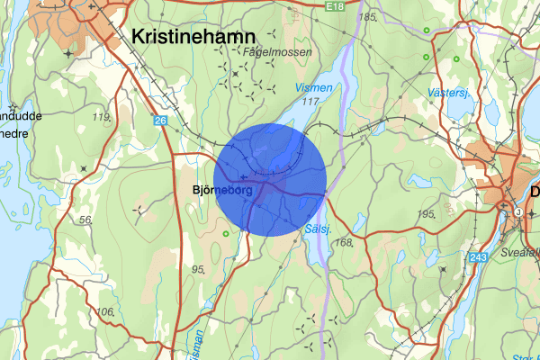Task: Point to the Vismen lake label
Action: (314, 88)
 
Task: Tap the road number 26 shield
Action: (160, 121)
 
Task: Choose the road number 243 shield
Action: (478, 258)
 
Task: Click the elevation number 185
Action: (366, 17)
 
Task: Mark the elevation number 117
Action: (312, 103)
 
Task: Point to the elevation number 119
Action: (101, 117)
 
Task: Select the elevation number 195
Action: (427, 213)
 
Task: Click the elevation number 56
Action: (86, 220)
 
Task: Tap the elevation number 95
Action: (198, 268)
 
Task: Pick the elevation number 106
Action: (105, 311)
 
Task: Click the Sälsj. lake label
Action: (319, 229)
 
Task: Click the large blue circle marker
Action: (270, 180)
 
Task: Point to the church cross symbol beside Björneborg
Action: (244, 175)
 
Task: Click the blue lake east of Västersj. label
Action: (460, 107)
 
